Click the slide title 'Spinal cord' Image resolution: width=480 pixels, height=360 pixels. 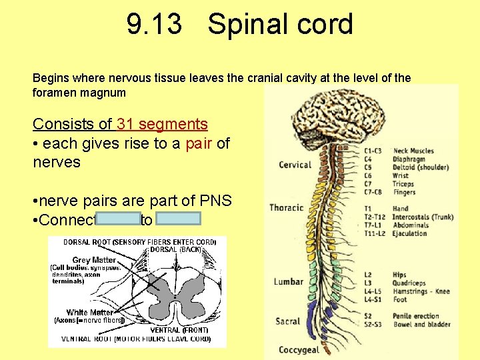(x=280, y=25)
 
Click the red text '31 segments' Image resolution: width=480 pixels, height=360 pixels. (x=162, y=124)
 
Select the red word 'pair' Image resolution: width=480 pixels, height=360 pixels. (x=199, y=143)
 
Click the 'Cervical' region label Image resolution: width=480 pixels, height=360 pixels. (x=294, y=165)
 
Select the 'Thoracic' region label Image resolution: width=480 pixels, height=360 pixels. (x=286, y=208)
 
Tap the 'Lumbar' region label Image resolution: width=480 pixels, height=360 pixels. (x=288, y=281)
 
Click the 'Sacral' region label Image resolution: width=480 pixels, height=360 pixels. (x=287, y=321)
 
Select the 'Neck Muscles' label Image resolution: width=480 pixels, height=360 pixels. (x=413, y=151)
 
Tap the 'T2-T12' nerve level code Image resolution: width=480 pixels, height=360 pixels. (x=375, y=217)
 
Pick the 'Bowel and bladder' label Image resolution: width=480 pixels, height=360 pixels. (x=421, y=325)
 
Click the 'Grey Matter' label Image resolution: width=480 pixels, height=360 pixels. (x=94, y=260)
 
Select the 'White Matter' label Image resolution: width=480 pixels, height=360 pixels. (x=89, y=312)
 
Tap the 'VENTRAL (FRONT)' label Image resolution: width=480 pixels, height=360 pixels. (x=179, y=330)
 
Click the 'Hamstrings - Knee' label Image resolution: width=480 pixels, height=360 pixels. (x=421, y=291)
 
